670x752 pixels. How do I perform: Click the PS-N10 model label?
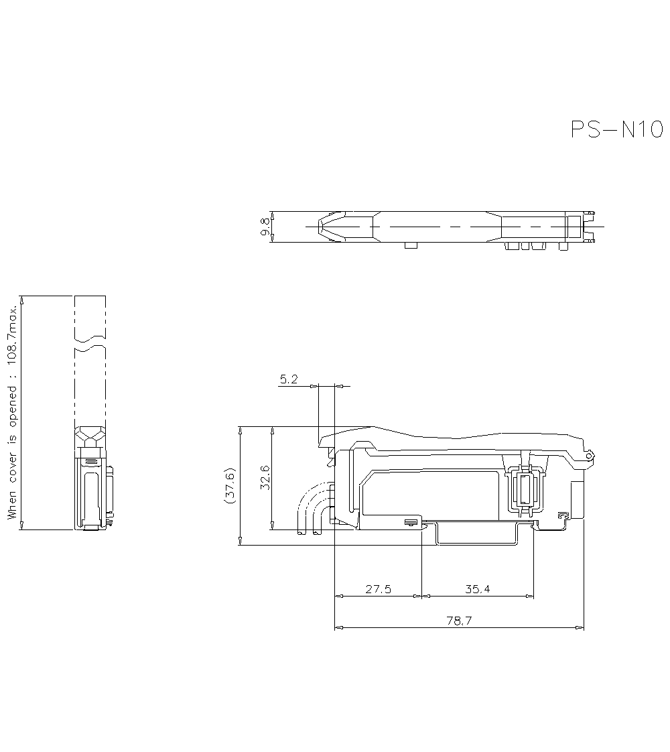coord(616,129)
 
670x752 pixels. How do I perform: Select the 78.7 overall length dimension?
coord(459,621)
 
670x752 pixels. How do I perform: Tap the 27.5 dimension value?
coord(378,589)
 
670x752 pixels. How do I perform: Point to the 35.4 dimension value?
coord(477,589)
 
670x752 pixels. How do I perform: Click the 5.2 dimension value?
coord(289,379)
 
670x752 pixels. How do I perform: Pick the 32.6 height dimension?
coord(265,477)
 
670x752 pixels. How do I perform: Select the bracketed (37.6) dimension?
coord(230,485)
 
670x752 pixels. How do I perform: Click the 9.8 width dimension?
coord(265,227)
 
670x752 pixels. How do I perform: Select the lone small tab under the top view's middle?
coord(411,246)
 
